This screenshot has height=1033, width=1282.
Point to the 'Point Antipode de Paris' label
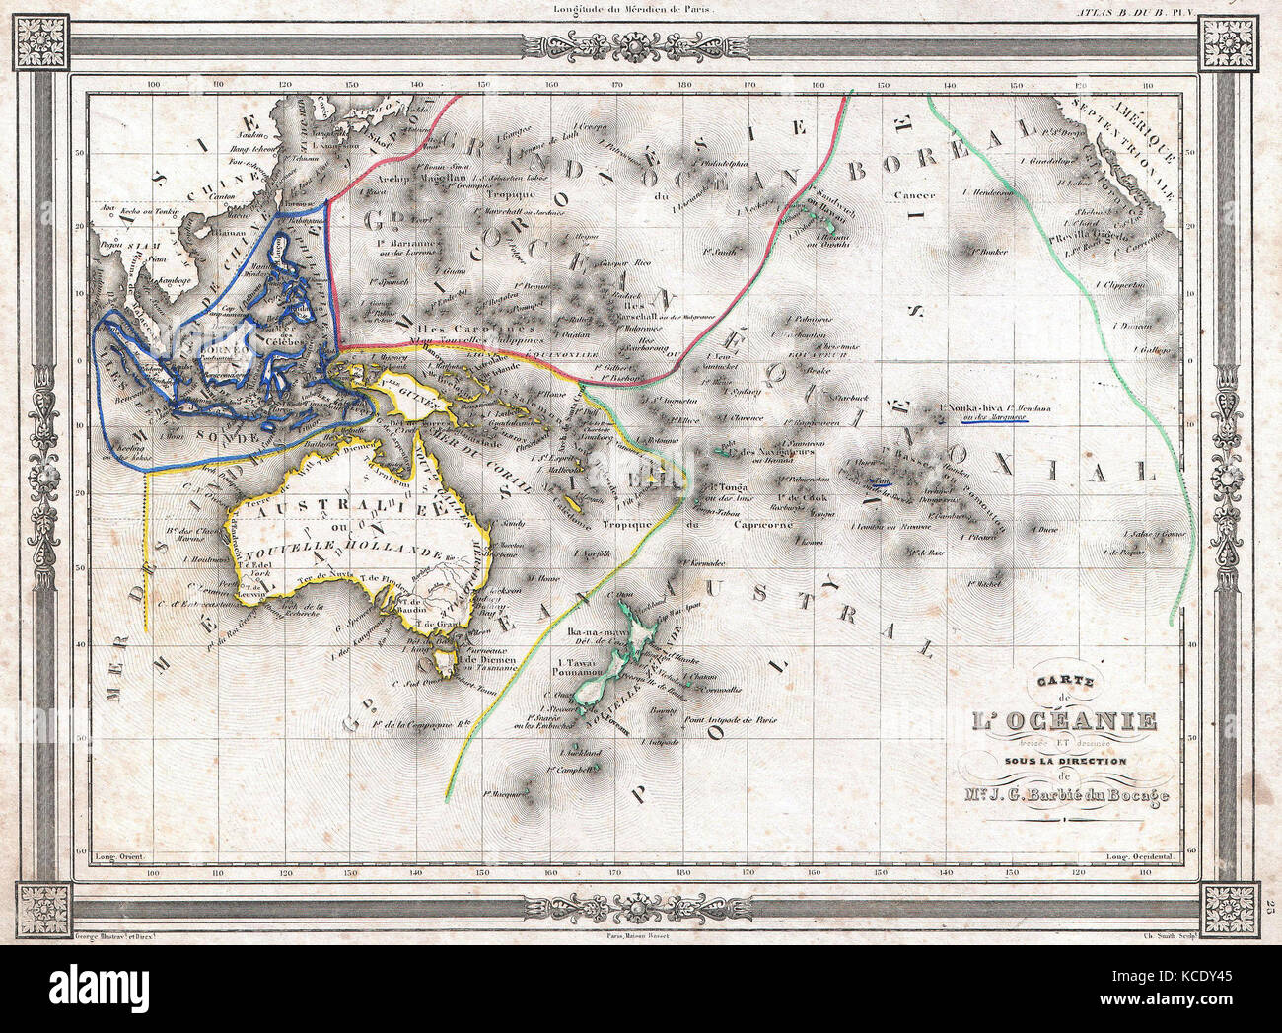724,720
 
